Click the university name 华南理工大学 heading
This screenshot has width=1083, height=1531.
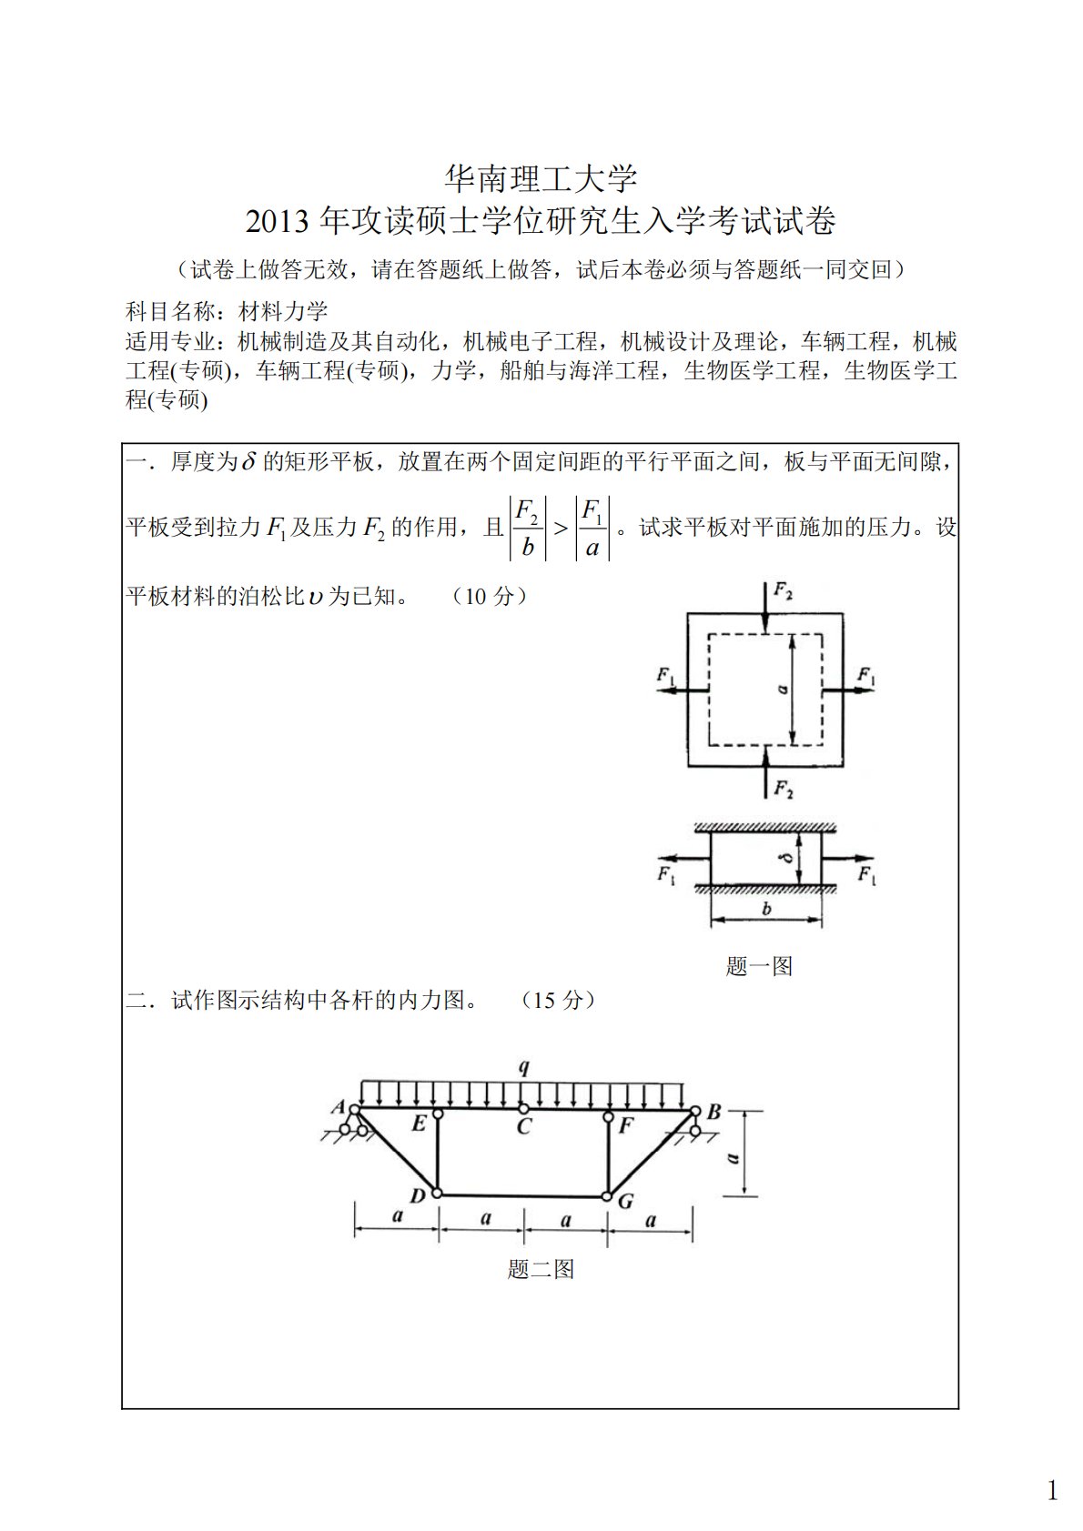pos(541,178)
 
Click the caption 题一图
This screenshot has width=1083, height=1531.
pos(759,966)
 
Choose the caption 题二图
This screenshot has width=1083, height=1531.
pos(541,1269)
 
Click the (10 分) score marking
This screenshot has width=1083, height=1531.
pos(490,597)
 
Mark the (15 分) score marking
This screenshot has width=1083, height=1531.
pos(558,1001)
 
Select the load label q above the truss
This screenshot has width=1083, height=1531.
pos(524,1068)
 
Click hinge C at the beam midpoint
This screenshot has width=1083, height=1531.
pos(523,1109)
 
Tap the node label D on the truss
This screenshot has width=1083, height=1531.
pos(418,1196)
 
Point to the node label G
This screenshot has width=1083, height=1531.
pos(626,1202)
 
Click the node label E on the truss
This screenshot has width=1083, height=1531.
pos(419,1124)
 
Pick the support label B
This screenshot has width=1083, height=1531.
pos(714,1112)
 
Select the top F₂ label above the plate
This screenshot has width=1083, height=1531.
pos(783,591)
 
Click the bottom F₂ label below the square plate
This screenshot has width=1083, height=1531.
pos(783,789)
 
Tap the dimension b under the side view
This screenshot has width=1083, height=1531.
pos(766,910)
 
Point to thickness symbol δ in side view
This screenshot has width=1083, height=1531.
pos(788,857)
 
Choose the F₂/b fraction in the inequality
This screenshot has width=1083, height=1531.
pos(527,529)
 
